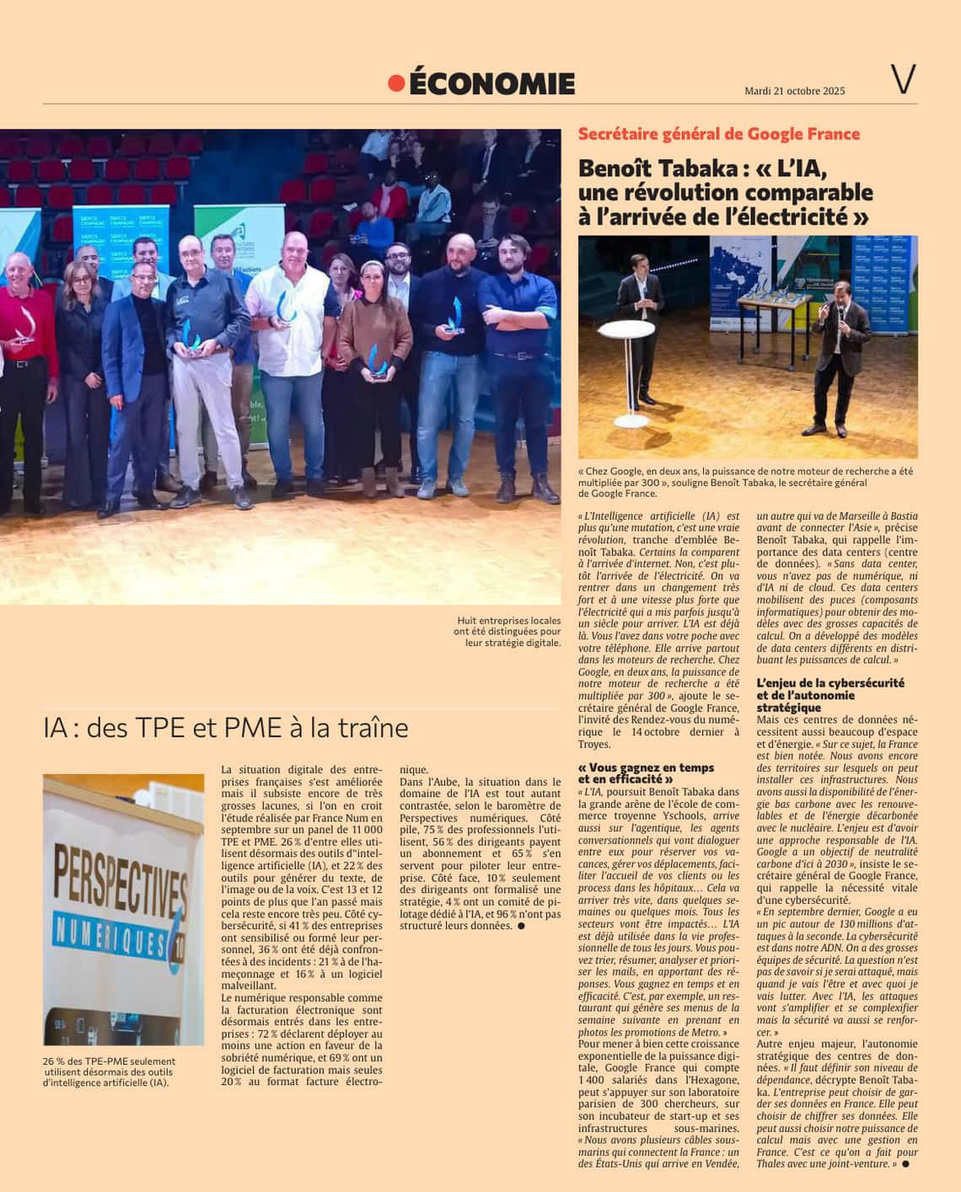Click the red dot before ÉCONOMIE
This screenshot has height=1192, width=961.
(x=396, y=83)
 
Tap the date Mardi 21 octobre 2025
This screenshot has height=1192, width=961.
(x=794, y=91)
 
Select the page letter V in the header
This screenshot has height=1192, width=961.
(x=903, y=79)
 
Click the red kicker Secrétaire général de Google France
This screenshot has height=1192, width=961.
(x=718, y=134)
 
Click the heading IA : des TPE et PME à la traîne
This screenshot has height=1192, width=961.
(x=226, y=727)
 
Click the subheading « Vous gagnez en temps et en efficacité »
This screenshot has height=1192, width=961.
(x=646, y=773)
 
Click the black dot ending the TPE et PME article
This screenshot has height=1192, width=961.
(x=521, y=926)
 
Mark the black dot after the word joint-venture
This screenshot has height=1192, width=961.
(x=906, y=1164)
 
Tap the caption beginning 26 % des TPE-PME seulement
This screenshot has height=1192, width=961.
(x=110, y=1072)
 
